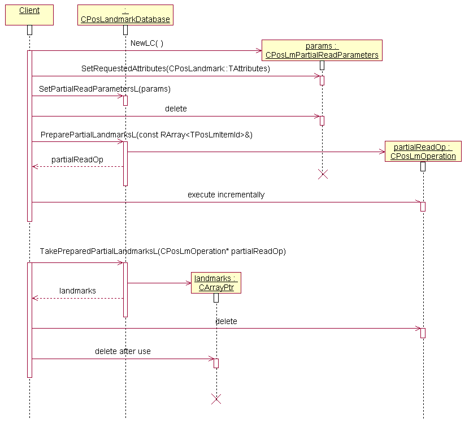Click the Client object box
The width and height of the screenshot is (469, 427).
coord(29,15)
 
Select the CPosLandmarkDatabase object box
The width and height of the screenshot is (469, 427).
coord(125,15)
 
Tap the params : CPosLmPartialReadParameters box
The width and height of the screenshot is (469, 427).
coord(322,50)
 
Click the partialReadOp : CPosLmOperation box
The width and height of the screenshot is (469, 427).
coord(423,152)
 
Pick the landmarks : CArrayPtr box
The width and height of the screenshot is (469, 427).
coord(216,283)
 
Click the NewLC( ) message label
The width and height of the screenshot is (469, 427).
coord(146,44)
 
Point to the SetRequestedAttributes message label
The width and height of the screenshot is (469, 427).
coord(176,68)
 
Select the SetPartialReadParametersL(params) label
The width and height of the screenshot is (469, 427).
coord(105,89)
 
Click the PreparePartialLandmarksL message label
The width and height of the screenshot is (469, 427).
coord(146,135)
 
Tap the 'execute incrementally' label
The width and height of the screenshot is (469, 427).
coord(226,195)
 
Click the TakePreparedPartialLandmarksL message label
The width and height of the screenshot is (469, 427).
coord(163,251)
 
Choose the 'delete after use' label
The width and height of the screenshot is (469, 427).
coord(123,351)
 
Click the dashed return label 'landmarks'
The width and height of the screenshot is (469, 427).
coord(77,291)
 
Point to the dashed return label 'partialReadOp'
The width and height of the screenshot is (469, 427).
coord(77,159)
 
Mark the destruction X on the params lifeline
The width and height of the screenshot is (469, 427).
coord(323,174)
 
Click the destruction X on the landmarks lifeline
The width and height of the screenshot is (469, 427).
coord(216,399)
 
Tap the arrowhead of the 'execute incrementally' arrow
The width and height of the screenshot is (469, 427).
coord(418,202)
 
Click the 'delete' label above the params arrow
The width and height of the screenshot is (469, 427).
coord(176,109)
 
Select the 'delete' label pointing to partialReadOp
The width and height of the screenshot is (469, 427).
coord(226,321)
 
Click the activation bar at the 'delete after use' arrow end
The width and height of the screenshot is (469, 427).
coord(216,363)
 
